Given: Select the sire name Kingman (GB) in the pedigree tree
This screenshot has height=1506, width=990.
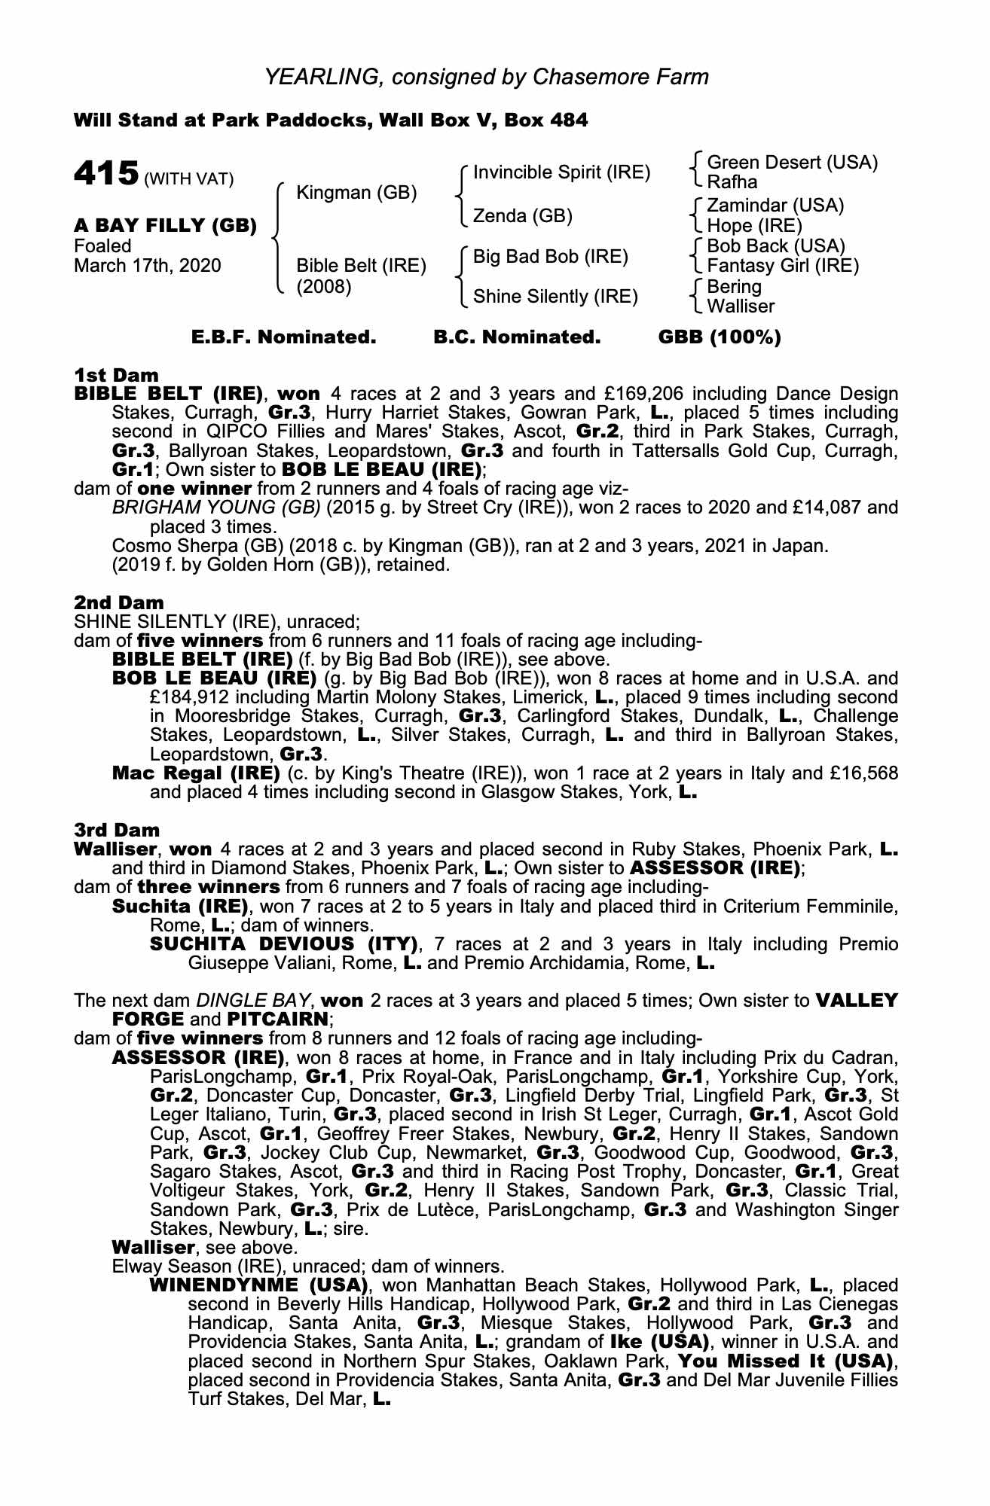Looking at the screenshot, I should [x=356, y=193].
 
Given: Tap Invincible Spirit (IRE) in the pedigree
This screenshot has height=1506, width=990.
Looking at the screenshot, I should [x=561, y=172].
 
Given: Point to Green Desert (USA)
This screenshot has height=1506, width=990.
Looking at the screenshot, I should [x=793, y=163].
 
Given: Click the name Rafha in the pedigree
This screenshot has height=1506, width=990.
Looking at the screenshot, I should [x=732, y=182].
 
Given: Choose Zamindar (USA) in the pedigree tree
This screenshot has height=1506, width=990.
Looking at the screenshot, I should [x=775, y=206].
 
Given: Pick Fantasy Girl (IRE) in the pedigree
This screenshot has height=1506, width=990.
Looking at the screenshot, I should [x=783, y=266].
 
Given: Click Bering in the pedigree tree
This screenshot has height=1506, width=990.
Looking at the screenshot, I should [x=734, y=287].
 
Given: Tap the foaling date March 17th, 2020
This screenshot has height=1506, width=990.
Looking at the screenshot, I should [x=148, y=266].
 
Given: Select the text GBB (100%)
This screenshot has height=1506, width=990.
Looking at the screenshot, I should [x=720, y=337].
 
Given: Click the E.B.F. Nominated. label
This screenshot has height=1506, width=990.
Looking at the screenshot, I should [x=283, y=337].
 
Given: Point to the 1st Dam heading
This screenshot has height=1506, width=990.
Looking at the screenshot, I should [x=116, y=375].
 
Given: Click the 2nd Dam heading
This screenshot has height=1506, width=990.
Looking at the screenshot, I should [x=118, y=602].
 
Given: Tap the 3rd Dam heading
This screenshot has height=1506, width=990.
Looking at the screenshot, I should [x=117, y=830].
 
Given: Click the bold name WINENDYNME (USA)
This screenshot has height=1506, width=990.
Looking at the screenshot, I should [x=258, y=1285].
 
